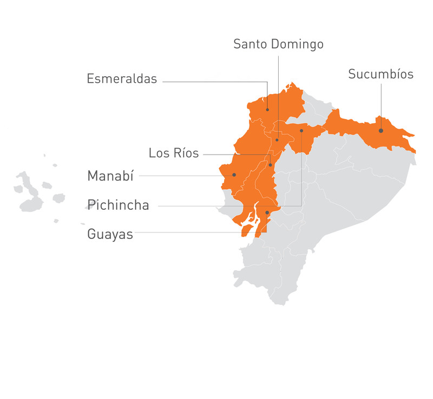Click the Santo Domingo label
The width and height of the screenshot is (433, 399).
click(278, 44)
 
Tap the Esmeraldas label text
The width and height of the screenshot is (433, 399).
click(122, 79)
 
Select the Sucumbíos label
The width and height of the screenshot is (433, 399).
click(380, 74)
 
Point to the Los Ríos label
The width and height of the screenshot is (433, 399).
click(174, 154)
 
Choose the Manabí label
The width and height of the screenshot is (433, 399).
click(110, 176)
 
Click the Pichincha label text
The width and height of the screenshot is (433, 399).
click(118, 205)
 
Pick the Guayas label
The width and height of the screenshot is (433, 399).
click(110, 235)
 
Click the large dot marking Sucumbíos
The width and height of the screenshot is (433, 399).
click(380, 130)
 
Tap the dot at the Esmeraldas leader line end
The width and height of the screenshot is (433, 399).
click(267, 110)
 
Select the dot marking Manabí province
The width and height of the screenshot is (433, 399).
click(234, 175)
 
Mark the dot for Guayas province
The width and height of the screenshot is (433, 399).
click(267, 212)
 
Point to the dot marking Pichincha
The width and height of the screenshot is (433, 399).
click(301, 130)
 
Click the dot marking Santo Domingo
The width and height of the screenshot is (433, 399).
click(277, 140)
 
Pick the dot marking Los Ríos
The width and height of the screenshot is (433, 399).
click(270, 165)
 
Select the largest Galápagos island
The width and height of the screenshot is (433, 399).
click(31, 204)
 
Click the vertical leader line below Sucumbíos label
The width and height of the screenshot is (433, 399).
click(380, 103)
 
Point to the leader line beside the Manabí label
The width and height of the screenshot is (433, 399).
click(179, 175)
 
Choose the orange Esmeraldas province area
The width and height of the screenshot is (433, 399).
click(281, 105)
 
